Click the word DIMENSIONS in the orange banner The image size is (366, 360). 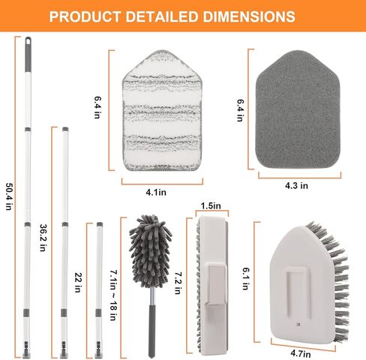[249, 16]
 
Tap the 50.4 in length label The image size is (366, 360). [9, 196]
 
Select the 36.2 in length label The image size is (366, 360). [43, 238]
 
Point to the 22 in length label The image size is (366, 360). [78, 282]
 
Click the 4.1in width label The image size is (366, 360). [156, 192]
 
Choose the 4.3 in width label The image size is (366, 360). [296, 185]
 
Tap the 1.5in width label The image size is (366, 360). [211, 205]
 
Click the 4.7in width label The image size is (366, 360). [301, 354]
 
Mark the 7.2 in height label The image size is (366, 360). [178, 283]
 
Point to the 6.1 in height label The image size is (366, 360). [246, 278]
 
